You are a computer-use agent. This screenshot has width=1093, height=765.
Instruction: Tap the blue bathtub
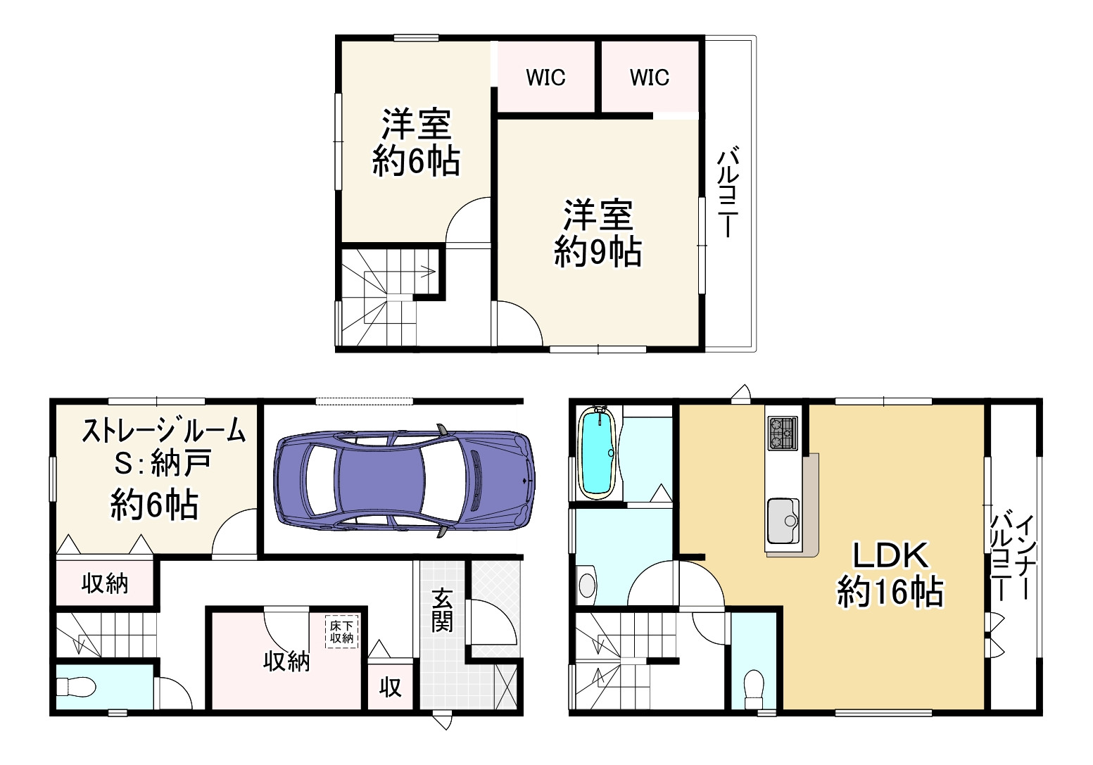pos(596,453)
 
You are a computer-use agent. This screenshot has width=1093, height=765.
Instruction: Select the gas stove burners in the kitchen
pos(782,433)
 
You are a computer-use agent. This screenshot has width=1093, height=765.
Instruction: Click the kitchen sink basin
pos(783,521)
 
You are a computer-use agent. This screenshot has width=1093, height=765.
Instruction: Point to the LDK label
pos(890,555)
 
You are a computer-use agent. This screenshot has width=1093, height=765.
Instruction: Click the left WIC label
pos(545,77)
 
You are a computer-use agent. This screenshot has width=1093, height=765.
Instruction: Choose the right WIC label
pos(649,77)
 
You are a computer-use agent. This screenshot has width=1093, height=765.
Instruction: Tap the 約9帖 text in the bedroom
pos(598,252)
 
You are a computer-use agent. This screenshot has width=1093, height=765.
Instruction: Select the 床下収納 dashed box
pos(341,632)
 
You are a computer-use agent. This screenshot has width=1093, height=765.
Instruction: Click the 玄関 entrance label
pos(441,611)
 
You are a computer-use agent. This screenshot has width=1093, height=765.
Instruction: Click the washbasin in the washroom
pos(586,585)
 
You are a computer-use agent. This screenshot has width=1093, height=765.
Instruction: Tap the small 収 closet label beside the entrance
pos(391,688)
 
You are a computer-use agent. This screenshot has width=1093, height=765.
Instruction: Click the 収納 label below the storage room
pos(105,583)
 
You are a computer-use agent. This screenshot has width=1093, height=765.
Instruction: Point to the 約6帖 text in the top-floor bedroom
pos(416,161)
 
